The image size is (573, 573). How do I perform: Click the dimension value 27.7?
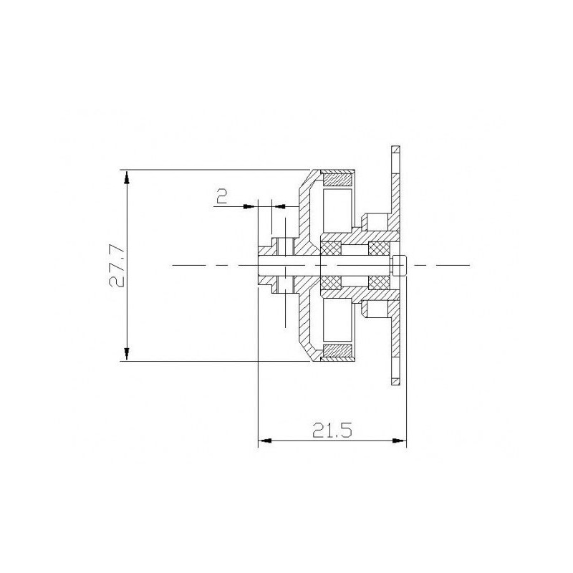tap(117, 265)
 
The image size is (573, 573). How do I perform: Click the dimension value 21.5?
tap(331, 430)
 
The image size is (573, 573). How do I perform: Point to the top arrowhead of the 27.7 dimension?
tap(127, 176)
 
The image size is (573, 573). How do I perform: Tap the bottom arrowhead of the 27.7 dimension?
tap(127, 354)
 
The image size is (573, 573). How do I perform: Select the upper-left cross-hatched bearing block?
tap(330, 249)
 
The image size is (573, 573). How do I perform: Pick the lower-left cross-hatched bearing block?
tap(330, 282)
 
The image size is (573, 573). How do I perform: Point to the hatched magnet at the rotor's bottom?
tap(338, 351)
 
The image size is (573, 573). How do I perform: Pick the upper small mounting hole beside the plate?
tap(372, 218)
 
